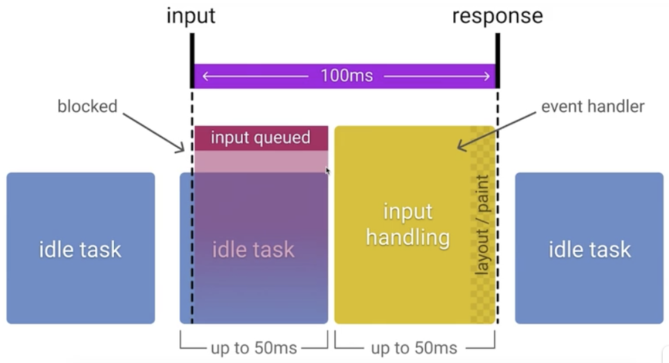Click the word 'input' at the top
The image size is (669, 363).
(190, 16)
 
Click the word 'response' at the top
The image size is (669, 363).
(497, 16)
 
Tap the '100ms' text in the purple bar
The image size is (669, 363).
(346, 76)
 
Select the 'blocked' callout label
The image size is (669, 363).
(87, 107)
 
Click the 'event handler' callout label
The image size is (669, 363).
(592, 107)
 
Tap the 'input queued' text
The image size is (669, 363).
(260, 138)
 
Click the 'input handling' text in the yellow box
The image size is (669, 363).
(407, 224)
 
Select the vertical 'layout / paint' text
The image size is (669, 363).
(482, 224)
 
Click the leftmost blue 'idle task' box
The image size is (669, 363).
(80, 248)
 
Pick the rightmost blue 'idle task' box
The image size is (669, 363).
(589, 248)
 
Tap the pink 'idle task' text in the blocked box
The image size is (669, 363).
(253, 249)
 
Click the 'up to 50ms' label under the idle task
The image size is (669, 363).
(254, 347)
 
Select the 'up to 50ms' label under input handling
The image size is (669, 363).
(414, 347)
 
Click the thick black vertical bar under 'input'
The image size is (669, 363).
(192, 60)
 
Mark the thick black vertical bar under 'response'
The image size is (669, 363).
(497, 60)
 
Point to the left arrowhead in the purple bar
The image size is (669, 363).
(205, 76)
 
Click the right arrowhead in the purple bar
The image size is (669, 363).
(486, 76)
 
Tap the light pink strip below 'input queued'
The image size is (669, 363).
(260, 161)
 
